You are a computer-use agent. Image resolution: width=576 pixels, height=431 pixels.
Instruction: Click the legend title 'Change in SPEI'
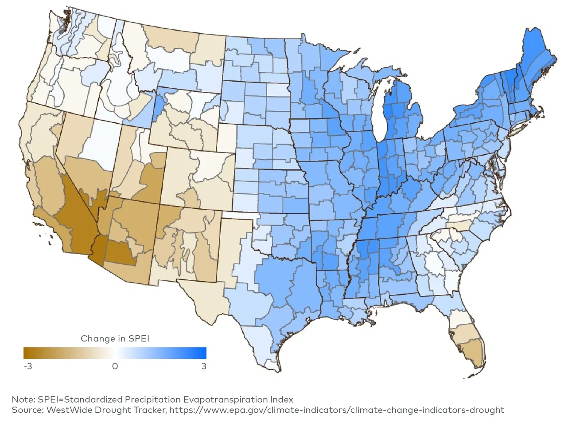click(x=115, y=339)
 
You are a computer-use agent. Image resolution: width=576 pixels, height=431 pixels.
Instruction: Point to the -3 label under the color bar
click(x=28, y=366)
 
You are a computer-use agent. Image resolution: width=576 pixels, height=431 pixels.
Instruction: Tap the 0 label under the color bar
click(x=115, y=366)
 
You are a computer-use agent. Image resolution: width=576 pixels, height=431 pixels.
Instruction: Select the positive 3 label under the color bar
click(x=204, y=366)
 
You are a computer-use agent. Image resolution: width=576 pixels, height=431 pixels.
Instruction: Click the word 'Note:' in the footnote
click(x=23, y=399)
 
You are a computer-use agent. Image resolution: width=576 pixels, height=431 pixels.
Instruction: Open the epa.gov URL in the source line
click(x=336, y=410)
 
